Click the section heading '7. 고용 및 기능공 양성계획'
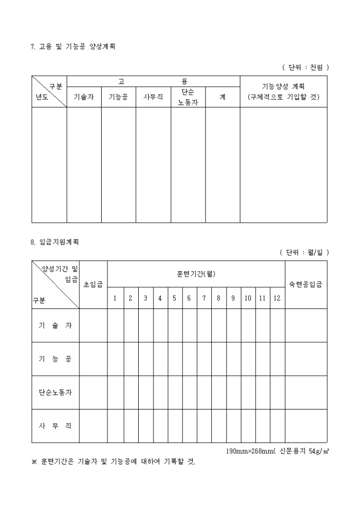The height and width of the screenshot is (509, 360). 73,47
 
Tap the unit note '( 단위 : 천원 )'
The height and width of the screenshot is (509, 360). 305,67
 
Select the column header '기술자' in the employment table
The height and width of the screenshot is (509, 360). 84,97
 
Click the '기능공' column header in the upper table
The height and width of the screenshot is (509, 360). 118,97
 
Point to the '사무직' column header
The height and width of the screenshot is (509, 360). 153,97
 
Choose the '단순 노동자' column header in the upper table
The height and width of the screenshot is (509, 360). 188,97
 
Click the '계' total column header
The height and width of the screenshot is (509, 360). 222,97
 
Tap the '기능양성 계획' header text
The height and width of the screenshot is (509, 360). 283,86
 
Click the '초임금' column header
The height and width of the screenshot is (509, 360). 93,285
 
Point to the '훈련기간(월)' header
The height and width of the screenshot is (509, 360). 196,274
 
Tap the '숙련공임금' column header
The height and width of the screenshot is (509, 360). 305,285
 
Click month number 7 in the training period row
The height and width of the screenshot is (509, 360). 204,298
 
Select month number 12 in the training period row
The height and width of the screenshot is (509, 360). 277,298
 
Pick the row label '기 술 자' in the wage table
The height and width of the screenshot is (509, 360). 55,325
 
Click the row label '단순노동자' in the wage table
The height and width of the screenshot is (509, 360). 55,393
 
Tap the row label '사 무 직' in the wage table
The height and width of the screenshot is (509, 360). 55,426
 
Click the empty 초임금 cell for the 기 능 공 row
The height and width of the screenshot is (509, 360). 93,359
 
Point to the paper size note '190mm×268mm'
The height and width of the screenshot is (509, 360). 247,451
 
